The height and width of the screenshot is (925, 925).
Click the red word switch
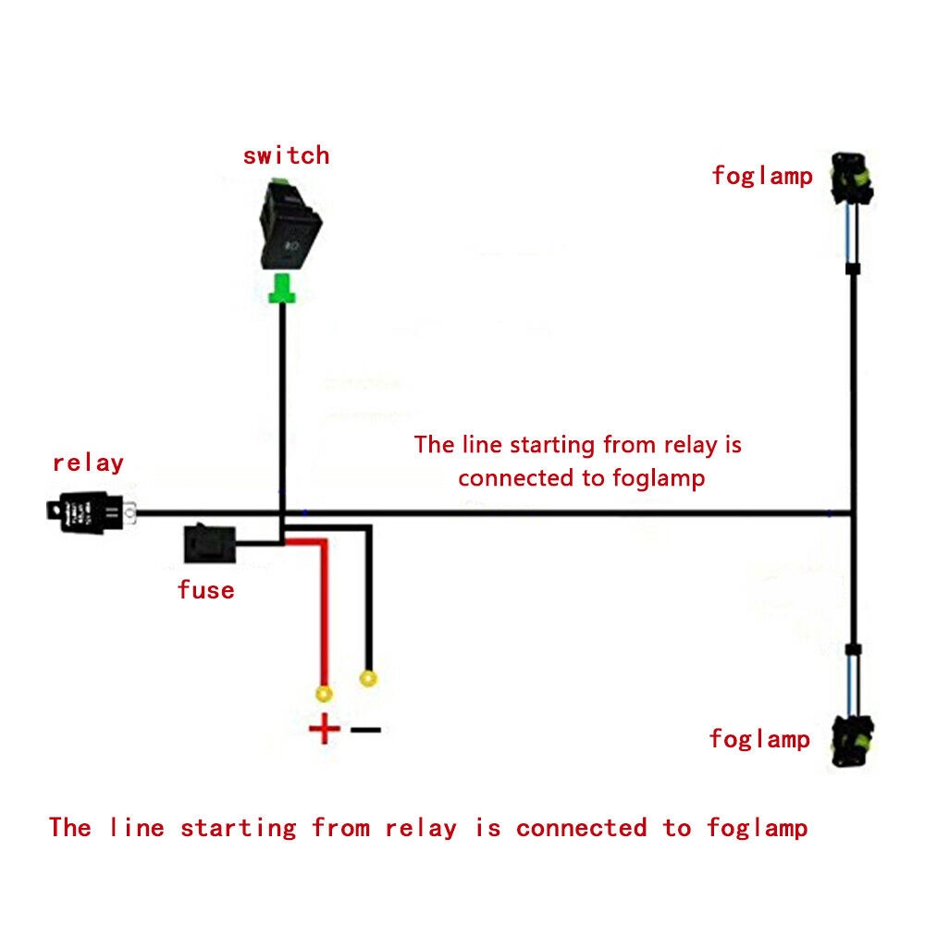286,155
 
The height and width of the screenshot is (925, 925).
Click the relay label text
88,462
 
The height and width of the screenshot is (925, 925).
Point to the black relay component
89,512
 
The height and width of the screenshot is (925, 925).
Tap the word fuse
205,589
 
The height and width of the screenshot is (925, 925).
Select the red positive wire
324,610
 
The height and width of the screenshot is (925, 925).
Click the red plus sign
325,730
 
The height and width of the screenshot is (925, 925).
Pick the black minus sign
365,730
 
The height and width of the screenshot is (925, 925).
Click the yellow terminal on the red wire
324,693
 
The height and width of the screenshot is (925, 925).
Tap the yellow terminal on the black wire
369,680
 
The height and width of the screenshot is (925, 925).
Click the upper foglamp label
761,176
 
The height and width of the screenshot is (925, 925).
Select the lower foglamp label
759,739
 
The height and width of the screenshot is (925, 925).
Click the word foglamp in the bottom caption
757,827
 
